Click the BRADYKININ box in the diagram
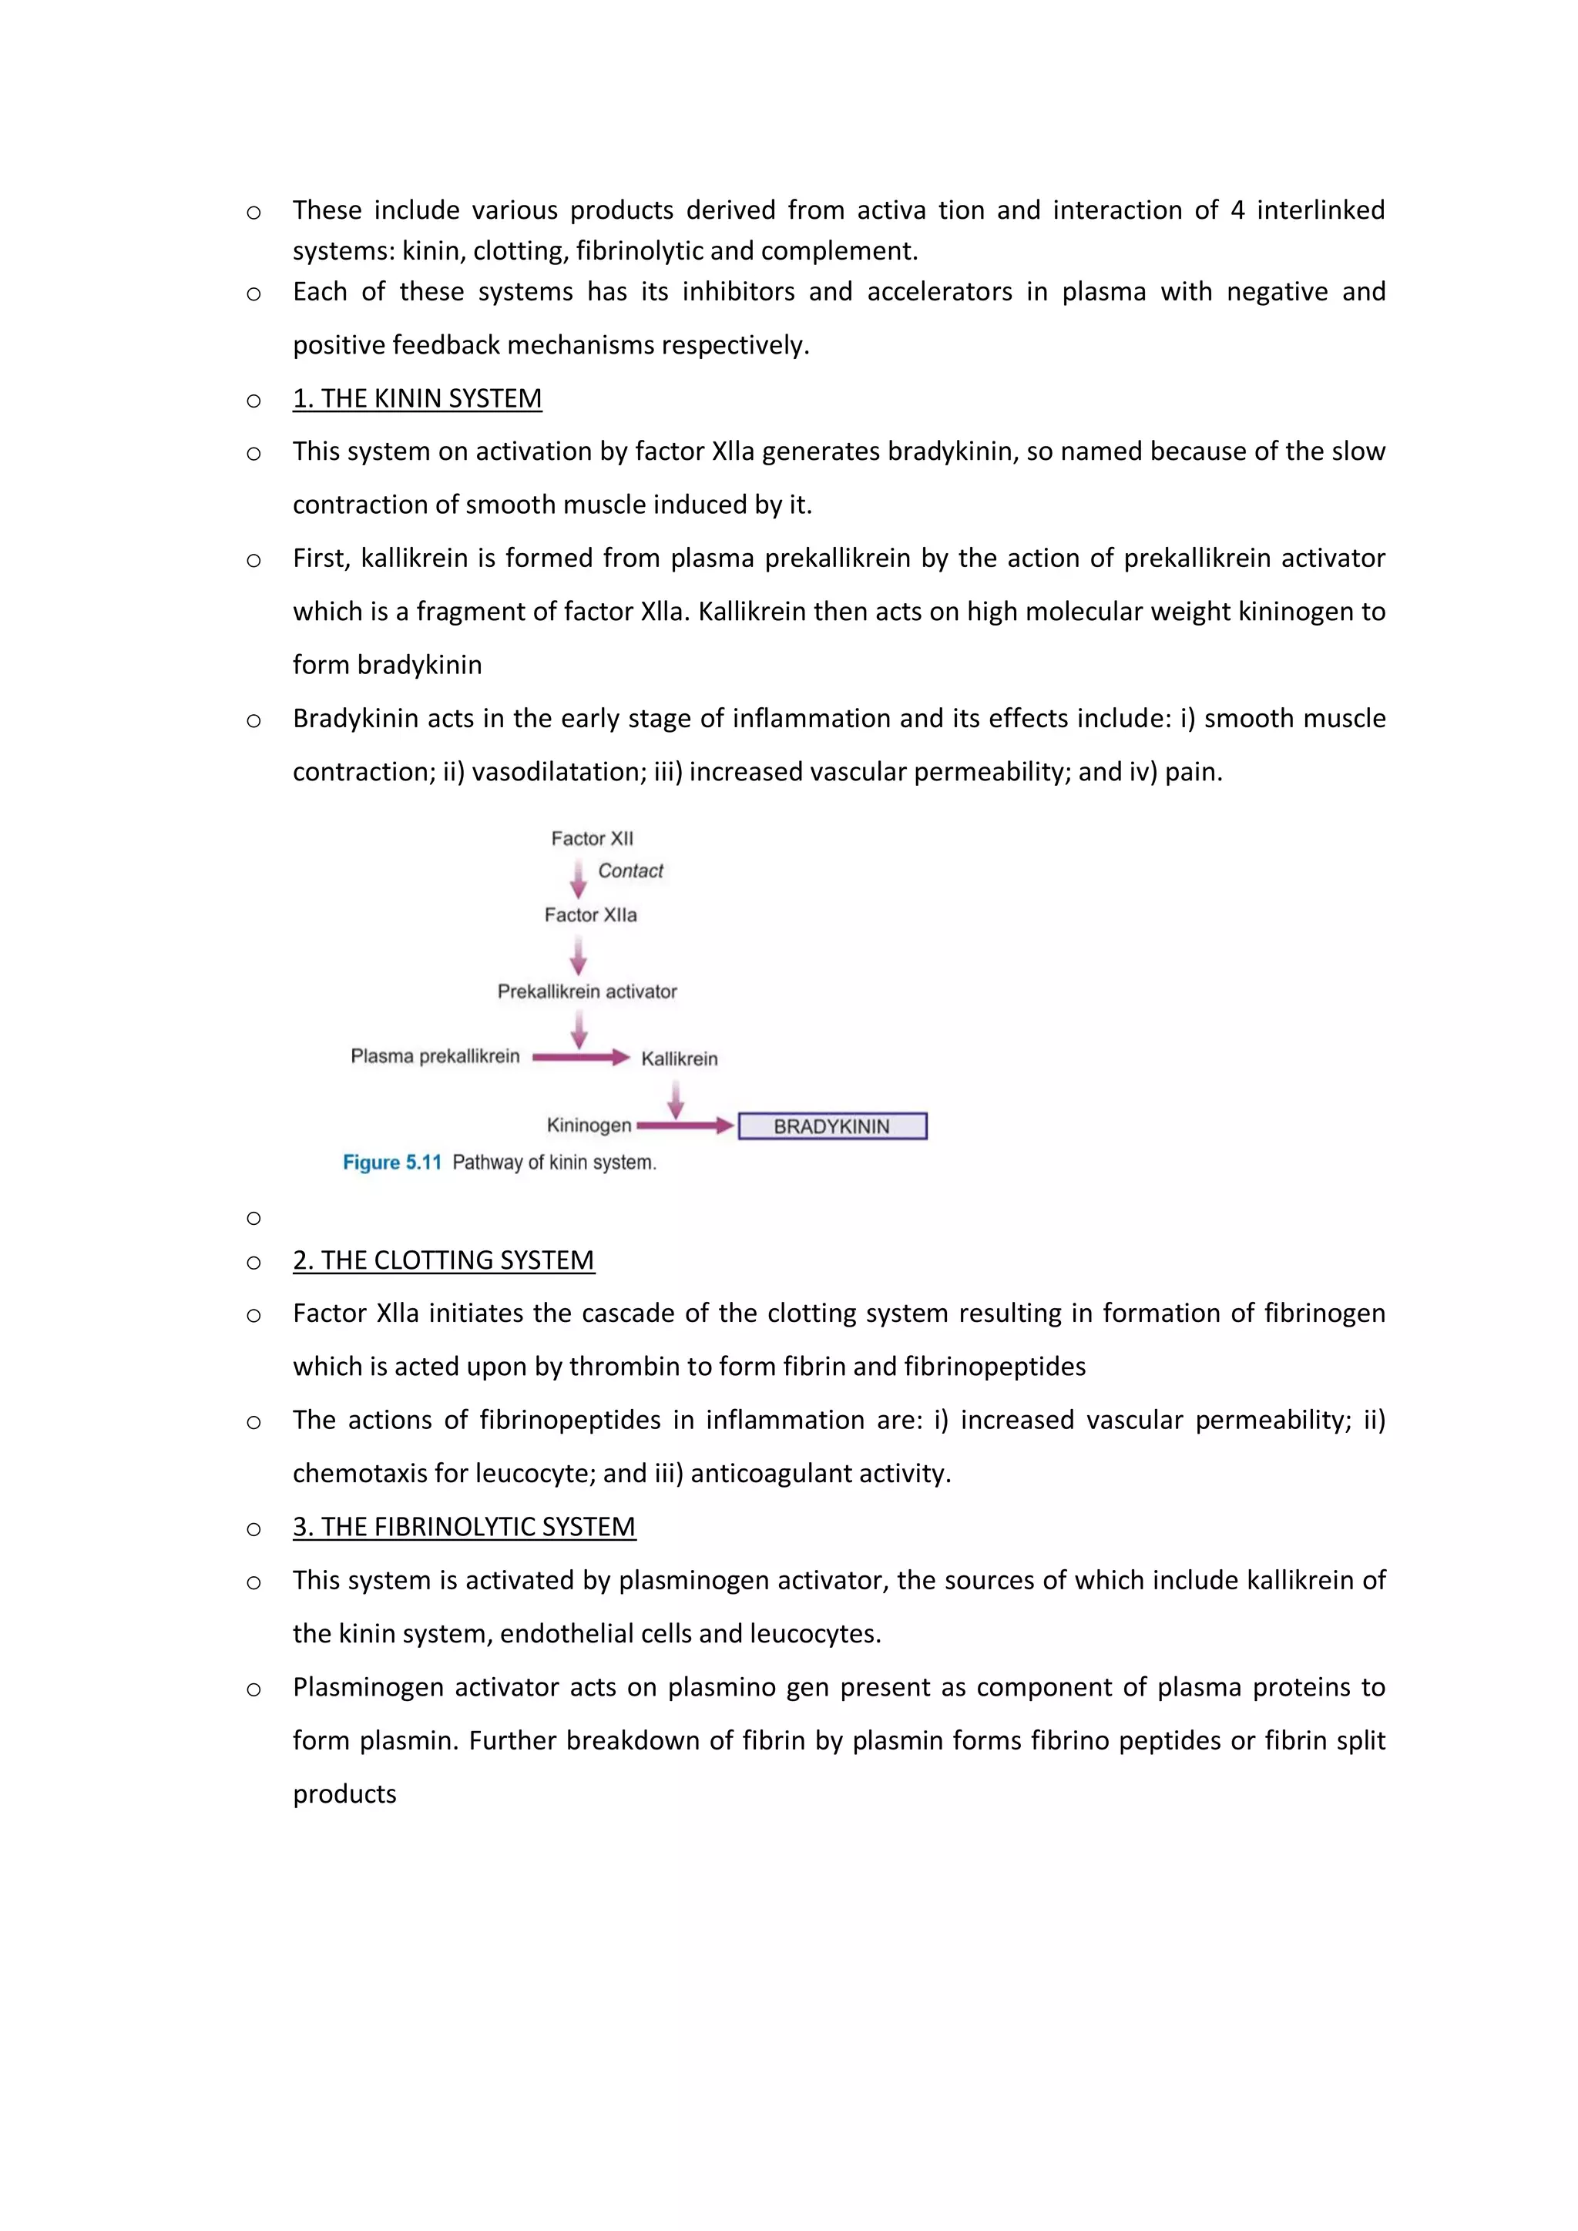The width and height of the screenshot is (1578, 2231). click(x=831, y=1126)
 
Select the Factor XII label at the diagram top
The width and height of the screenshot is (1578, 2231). click(x=592, y=839)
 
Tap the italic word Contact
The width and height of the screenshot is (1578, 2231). click(x=630, y=871)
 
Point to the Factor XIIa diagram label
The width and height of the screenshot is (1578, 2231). click(x=589, y=914)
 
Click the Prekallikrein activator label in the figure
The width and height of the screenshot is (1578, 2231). click(x=587, y=991)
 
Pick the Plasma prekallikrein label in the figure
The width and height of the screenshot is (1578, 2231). click(x=435, y=1056)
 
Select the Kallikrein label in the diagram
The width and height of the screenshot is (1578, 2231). click(x=678, y=1058)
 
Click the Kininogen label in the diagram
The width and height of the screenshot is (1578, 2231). click(x=589, y=1126)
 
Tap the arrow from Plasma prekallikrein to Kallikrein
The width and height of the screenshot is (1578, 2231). click(x=580, y=1057)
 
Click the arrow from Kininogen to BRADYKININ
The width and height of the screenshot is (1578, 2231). click(x=684, y=1126)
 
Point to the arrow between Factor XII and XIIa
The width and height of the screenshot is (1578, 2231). click(x=578, y=878)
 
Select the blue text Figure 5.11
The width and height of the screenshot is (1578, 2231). click(x=391, y=1162)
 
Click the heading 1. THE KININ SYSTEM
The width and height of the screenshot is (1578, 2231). click(x=417, y=398)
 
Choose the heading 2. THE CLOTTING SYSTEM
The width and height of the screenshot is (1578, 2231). click(x=443, y=1260)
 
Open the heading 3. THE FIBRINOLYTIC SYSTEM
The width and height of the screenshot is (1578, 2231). click(x=464, y=1527)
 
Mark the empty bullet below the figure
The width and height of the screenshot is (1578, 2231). click(x=253, y=1217)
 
